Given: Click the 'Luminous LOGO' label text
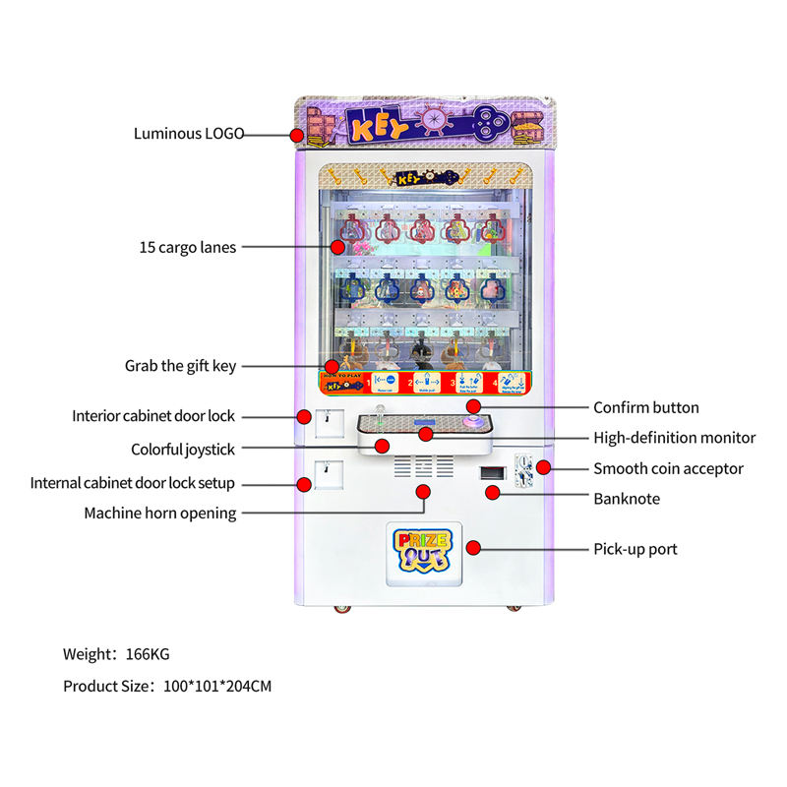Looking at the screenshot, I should tap(189, 133).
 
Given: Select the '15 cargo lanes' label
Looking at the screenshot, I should tap(187, 248).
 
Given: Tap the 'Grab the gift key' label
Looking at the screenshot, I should tap(180, 366).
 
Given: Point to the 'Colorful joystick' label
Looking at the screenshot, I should tap(183, 450).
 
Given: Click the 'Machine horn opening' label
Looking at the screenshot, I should tap(159, 513).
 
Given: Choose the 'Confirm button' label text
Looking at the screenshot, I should tap(646, 407).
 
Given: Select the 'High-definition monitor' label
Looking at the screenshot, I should tap(674, 438).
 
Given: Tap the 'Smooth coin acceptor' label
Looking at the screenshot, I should tap(668, 469).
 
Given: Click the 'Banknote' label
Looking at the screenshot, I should tap(627, 499).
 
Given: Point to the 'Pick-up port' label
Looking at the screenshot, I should tap(636, 549).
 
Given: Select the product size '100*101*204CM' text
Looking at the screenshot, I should tap(166, 686).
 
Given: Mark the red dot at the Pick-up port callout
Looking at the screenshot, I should tap(473, 547).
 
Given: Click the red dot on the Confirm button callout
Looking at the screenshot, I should tap(473, 405).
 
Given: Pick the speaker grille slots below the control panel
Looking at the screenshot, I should tap(424, 465).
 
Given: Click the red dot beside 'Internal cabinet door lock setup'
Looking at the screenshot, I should tap(304, 483).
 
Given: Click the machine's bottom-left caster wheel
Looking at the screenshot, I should tap(341, 609).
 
